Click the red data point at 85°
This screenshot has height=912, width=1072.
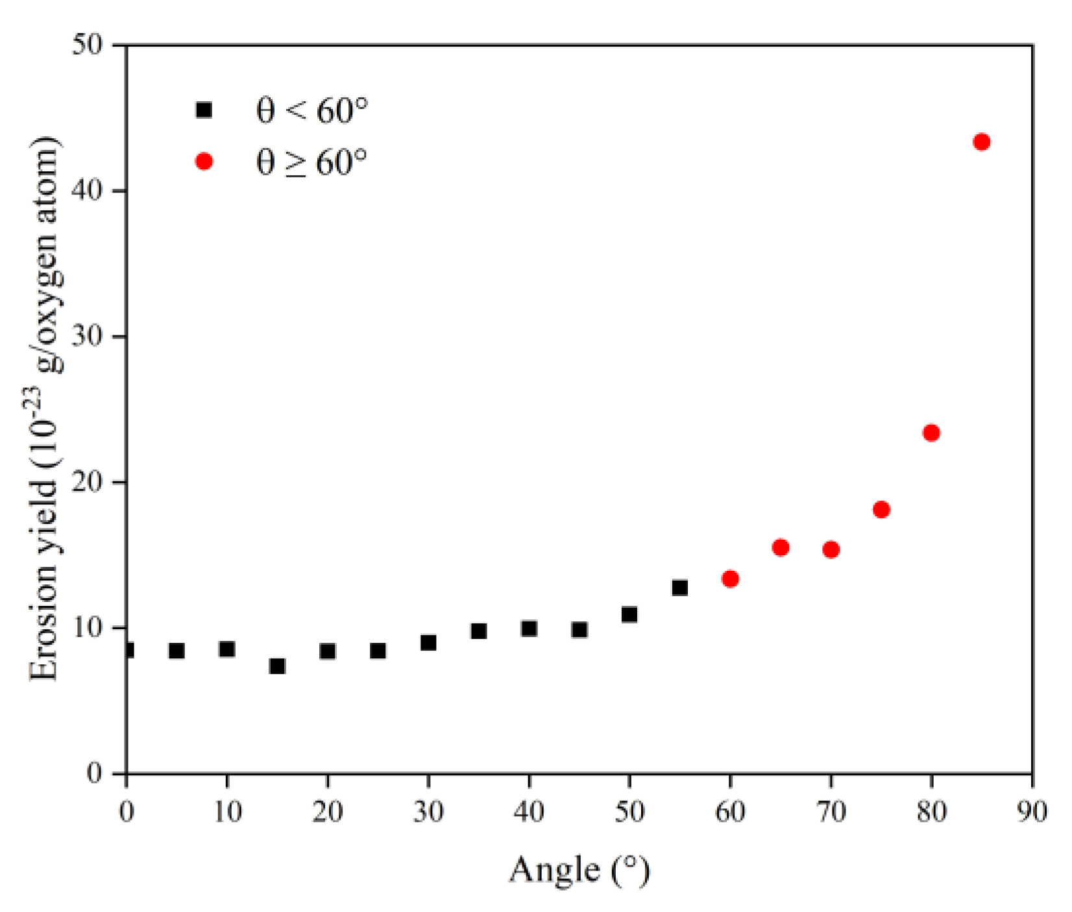pos(981,142)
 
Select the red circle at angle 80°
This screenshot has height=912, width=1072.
pos(931,433)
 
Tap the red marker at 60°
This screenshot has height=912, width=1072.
pos(730,579)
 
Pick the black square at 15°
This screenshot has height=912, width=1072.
pos(277,666)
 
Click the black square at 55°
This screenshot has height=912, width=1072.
pos(679,588)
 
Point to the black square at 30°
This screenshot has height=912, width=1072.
pos(428,643)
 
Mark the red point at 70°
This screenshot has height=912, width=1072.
pos(831,549)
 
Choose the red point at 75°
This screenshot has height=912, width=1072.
pos(881,509)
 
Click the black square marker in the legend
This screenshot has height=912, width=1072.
pos(204,110)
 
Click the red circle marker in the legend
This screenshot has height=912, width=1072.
pos(204,161)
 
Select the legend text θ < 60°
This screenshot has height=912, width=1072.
pos(312,110)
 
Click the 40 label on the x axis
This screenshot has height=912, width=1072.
pos(529,811)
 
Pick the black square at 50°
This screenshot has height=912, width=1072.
pos(629,614)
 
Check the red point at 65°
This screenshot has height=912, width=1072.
pos(781,547)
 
